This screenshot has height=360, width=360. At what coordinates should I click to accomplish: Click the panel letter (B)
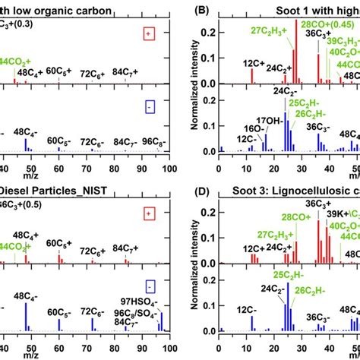click(204, 11)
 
